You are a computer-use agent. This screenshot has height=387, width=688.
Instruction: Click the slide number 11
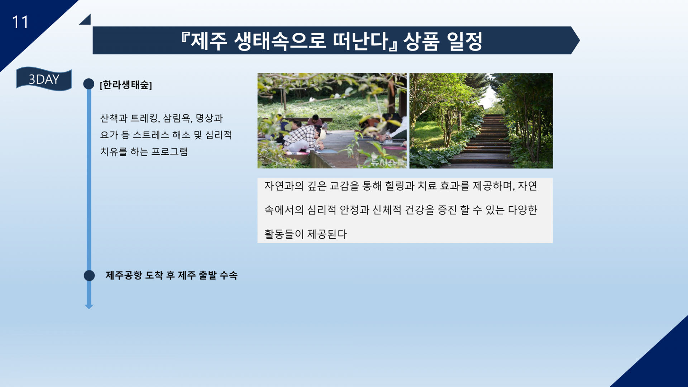pos(20,22)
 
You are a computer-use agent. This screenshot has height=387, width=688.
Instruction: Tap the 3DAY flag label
pos(44,79)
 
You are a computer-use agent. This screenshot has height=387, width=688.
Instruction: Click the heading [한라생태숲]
pos(126,85)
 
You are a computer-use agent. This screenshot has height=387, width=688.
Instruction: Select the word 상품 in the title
pos(421,41)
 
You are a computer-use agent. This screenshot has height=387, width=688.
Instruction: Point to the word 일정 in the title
pos(465,41)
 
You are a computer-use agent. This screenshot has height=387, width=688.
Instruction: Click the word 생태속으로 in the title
pos(280,41)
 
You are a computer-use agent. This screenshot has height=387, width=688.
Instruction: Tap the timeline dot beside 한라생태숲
pos(89,84)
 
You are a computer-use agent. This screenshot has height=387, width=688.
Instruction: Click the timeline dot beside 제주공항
pos(89,276)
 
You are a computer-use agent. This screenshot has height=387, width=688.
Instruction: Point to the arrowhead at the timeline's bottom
pos(89,306)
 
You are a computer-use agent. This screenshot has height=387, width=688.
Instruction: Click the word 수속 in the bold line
pos(228,275)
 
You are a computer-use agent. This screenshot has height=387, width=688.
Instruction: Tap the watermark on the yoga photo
pos(387,162)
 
